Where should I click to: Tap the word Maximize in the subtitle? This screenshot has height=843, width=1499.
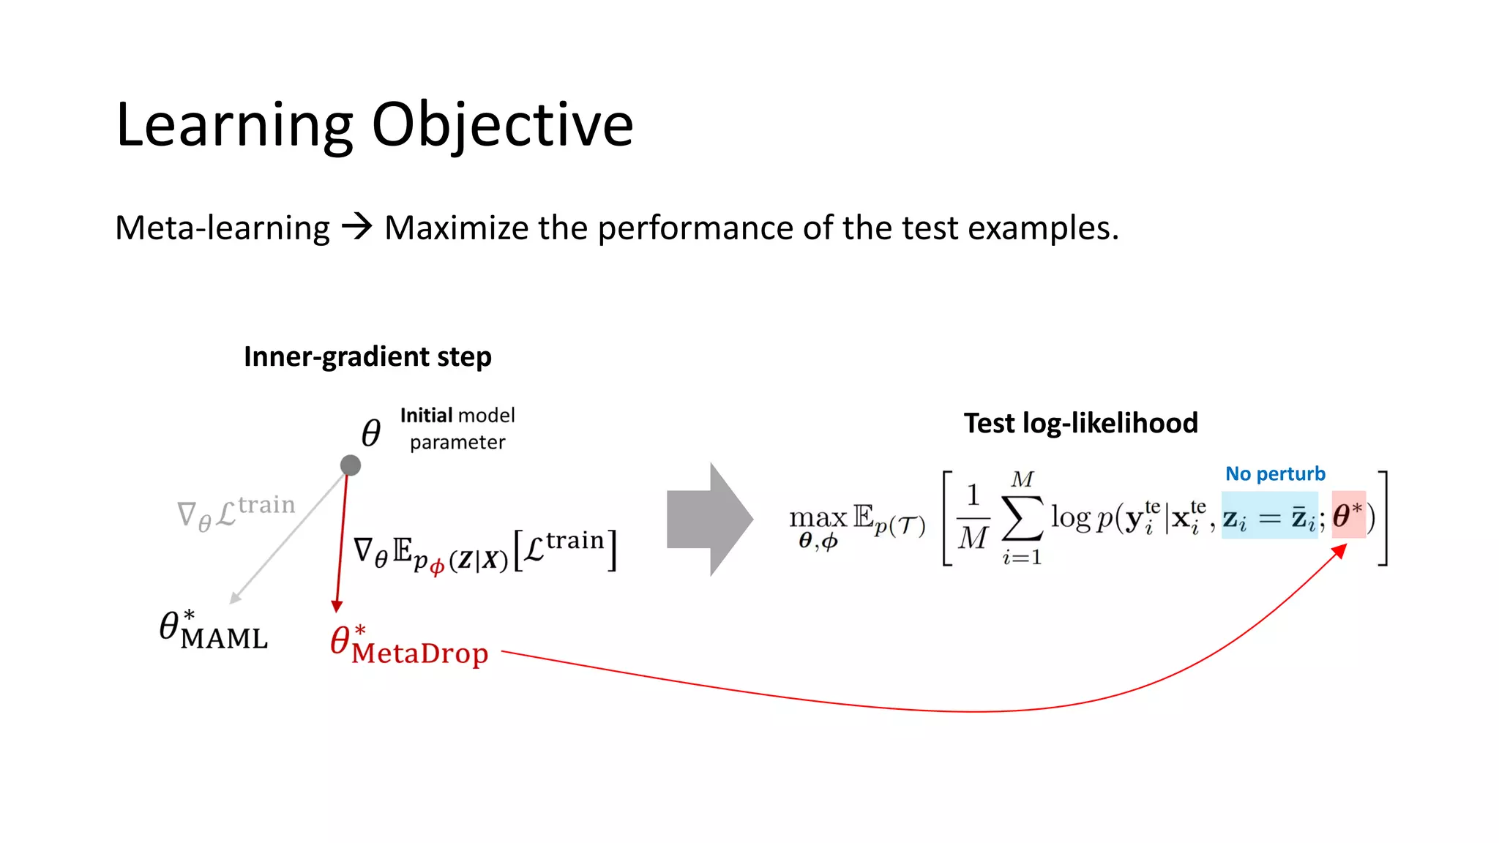pos(456,228)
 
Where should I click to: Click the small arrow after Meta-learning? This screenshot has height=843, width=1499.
pos(357,226)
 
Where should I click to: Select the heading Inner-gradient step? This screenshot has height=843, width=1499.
pos(367,356)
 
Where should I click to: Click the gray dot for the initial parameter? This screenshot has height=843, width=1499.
pos(351,465)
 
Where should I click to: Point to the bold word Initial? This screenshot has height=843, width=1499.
pos(426,416)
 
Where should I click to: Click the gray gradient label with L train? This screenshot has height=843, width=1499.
pos(236,512)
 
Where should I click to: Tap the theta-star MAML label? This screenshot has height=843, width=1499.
pos(213,631)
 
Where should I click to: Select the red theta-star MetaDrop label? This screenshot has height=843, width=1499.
pos(408,645)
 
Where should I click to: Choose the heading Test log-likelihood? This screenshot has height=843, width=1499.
pos(1080,423)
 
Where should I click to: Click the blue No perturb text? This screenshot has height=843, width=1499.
pos(1275,473)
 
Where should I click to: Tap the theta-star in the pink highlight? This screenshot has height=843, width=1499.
pos(1347,515)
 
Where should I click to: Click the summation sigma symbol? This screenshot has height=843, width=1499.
pos(1022,518)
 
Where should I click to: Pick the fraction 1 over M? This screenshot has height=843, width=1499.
pos(973,517)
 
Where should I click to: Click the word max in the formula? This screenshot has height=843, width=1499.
pos(818,518)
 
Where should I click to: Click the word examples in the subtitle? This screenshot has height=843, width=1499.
pos(1042,228)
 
